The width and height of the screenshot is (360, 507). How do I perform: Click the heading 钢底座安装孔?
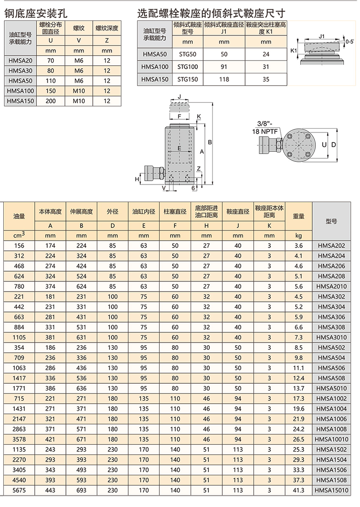(36, 13)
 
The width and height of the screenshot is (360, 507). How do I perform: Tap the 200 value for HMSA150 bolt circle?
(51, 101)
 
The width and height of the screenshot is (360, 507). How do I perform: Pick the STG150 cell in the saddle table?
(188, 79)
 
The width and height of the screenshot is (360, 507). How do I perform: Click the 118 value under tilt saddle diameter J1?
(224, 79)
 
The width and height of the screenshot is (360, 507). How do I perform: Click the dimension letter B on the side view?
(209, 142)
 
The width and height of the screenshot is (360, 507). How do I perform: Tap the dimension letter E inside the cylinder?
(180, 149)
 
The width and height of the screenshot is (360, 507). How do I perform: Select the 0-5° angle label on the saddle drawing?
(350, 42)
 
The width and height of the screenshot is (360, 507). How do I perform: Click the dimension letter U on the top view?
(324, 145)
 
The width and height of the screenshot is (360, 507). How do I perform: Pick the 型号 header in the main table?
(331, 222)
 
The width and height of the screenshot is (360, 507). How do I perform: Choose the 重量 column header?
(299, 216)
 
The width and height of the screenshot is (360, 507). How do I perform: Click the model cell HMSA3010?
(331, 338)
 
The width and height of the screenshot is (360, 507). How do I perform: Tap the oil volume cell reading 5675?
(19, 490)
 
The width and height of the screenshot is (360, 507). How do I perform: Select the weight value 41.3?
(299, 490)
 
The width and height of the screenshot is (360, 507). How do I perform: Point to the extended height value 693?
(81, 490)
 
